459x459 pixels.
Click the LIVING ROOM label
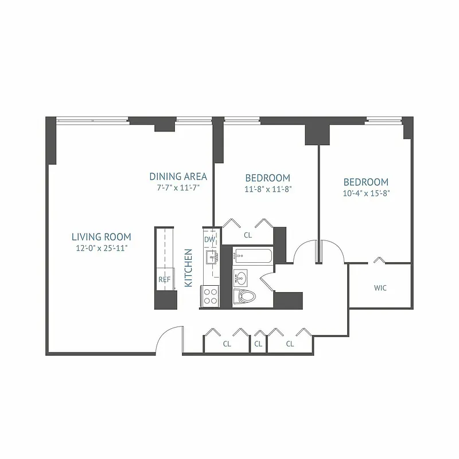tap(101, 236)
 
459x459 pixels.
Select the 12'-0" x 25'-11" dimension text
tap(101, 248)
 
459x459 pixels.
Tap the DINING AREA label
tap(178, 176)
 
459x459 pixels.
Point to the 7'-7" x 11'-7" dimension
tap(178, 187)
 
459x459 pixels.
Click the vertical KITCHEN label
tap(188, 268)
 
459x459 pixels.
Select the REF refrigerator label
tap(164, 279)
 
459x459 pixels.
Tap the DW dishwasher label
tap(209, 239)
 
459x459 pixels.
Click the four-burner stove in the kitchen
tap(210, 295)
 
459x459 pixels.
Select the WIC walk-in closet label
tap(380, 288)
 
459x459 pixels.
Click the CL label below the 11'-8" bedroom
tap(247, 235)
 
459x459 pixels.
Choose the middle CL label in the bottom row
tap(258, 344)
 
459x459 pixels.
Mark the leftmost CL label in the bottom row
tap(227, 344)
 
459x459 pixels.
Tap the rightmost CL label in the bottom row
tap(290, 344)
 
